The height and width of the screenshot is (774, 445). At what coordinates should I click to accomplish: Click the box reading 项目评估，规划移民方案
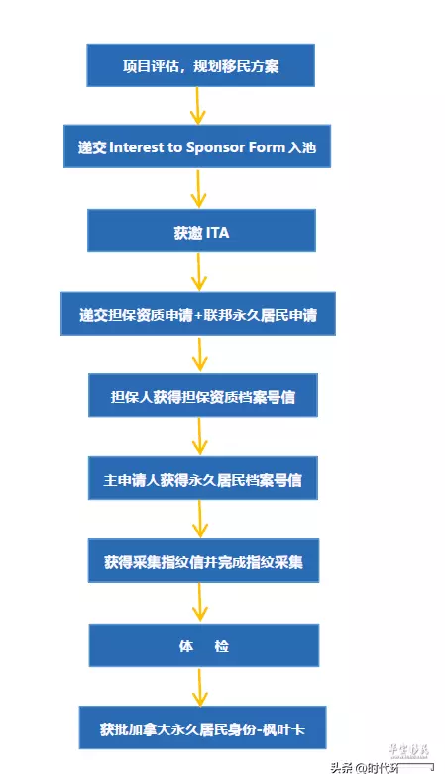pyautogui.click(x=201, y=65)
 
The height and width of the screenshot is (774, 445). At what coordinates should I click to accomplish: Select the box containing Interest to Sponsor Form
pyautogui.click(x=197, y=146)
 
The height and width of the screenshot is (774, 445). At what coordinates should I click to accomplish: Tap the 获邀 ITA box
pyautogui.click(x=201, y=231)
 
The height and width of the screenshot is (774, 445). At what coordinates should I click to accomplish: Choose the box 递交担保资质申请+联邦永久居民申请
pyautogui.click(x=198, y=314)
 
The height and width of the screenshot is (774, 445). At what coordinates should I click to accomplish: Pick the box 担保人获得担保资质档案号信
pyautogui.click(x=203, y=395)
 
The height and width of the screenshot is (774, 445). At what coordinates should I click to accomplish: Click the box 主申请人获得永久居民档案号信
pyautogui.click(x=203, y=478)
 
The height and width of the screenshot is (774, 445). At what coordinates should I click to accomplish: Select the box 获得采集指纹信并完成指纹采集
pyautogui.click(x=204, y=561)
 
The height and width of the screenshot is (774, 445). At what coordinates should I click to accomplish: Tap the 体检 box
pyautogui.click(x=204, y=645)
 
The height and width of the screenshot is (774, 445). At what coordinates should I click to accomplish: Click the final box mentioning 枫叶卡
pyautogui.click(x=203, y=727)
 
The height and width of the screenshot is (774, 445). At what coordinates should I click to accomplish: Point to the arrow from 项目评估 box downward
pyautogui.click(x=197, y=106)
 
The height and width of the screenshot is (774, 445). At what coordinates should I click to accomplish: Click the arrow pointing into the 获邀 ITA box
pyautogui.click(x=198, y=188)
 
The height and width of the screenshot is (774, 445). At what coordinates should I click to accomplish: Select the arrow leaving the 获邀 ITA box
pyautogui.click(x=199, y=271)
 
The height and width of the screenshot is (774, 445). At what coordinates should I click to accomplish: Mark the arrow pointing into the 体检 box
pyautogui.click(x=200, y=603)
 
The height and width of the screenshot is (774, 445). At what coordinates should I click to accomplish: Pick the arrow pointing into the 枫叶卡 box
pyautogui.click(x=200, y=687)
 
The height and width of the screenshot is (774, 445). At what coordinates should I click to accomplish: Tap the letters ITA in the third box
pyautogui.click(x=217, y=232)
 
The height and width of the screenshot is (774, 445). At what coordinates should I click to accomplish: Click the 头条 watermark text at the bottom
pyautogui.click(x=342, y=768)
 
